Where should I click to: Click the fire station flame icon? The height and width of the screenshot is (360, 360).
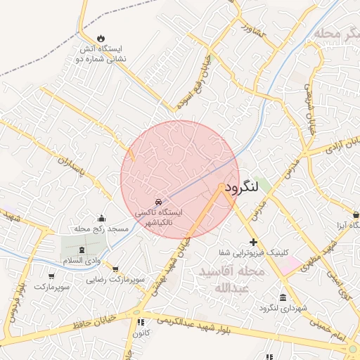pos(100,38)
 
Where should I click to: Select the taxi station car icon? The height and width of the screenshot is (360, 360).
pos(158,202)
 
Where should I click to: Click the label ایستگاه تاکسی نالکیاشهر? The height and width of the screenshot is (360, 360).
pos(158,217)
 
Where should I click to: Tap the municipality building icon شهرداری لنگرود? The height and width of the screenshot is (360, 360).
pos(283,298)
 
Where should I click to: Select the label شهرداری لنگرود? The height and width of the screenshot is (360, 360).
pos(283,309)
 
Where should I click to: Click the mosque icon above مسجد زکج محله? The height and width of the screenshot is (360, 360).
pos(101,219)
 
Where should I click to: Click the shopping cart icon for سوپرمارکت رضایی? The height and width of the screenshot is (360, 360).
pos(115,269)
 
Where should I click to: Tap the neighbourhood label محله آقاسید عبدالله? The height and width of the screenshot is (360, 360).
pos(231,279)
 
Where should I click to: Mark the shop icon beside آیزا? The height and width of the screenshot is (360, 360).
pos(355,214)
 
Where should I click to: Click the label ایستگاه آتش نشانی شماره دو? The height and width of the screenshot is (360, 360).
pos(100,54)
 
